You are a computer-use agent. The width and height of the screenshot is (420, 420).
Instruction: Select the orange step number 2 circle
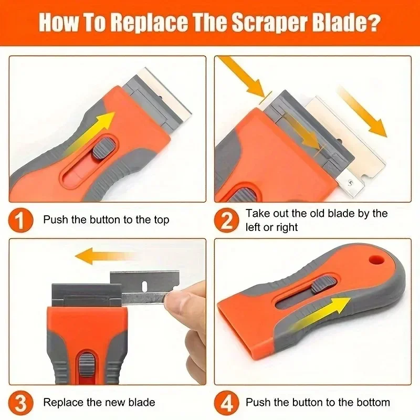(226, 220)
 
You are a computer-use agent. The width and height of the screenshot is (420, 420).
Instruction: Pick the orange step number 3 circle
(19, 403)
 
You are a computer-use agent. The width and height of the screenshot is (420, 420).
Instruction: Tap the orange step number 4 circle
(226, 403)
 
